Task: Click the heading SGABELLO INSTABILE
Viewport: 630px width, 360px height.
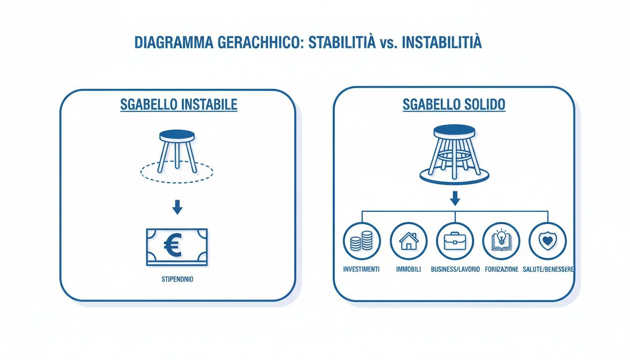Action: [x=179, y=105]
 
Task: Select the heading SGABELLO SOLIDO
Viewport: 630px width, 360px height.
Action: [x=454, y=105]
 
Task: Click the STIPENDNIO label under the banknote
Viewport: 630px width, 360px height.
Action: [x=177, y=279]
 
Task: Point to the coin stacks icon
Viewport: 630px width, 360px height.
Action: [x=362, y=241]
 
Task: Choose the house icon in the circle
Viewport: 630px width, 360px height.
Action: [x=408, y=241]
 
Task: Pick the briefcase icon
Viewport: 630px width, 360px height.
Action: [x=455, y=241]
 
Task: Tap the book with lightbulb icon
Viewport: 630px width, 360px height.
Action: [x=501, y=241]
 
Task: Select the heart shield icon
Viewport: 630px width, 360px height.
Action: [x=547, y=241]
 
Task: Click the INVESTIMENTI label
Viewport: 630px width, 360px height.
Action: [x=361, y=270]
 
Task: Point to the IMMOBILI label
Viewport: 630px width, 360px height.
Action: [x=408, y=270]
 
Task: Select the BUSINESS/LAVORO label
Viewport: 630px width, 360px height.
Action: [x=455, y=270]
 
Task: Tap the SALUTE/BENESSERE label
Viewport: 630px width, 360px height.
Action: [x=548, y=270]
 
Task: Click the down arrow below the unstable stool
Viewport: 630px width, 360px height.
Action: [x=177, y=207]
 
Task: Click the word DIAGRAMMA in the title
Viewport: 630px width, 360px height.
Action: [x=173, y=42]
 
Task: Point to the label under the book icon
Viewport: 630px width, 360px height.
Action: [x=501, y=270]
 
